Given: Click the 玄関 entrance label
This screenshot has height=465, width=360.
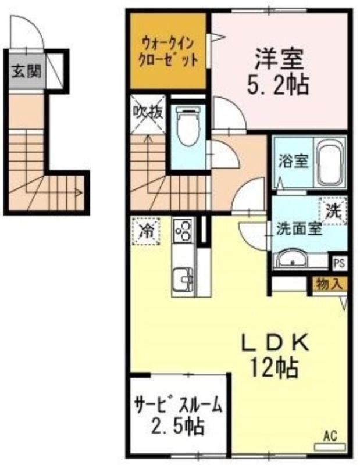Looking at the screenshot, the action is click(26, 71).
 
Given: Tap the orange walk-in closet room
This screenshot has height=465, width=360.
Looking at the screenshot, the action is click(168, 51).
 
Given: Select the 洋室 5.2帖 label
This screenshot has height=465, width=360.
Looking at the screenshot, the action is click(279, 70).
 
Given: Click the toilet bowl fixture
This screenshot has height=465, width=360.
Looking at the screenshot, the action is click(188, 126).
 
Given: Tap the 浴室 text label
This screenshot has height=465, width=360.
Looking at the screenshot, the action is click(293, 162).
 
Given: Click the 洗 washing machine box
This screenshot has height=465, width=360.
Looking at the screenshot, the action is click(333, 211).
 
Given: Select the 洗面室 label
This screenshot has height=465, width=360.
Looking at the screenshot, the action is click(299, 229).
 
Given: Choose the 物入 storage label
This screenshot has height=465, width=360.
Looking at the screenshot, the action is click(329, 285).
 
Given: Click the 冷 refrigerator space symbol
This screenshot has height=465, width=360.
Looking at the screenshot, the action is click(146, 231).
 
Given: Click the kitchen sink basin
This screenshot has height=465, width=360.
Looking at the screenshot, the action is click(183, 280).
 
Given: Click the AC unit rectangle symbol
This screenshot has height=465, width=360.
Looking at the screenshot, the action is click(330, 446).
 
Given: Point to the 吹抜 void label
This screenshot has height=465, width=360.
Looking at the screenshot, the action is click(148, 113).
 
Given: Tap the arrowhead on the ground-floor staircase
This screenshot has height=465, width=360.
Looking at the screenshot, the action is click(79, 192).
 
